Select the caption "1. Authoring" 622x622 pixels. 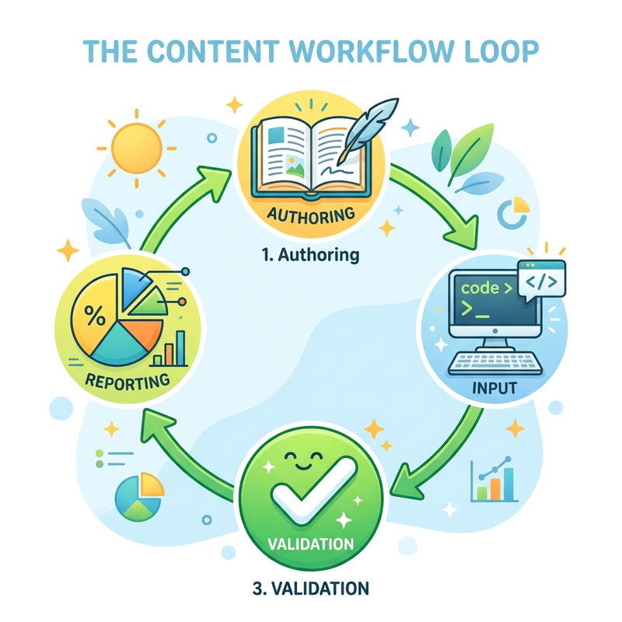click(x=310, y=254)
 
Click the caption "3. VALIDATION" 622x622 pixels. click(x=310, y=588)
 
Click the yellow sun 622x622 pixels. click(x=137, y=149)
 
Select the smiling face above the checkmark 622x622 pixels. click(x=304, y=460)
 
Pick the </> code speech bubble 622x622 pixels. click(x=542, y=281)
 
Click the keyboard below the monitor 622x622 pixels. click(x=494, y=363)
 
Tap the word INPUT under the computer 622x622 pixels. click(x=494, y=387)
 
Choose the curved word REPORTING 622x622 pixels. click(x=128, y=382)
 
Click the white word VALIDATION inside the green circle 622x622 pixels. click(x=310, y=543)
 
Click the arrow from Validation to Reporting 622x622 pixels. click(x=179, y=456)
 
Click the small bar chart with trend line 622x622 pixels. click(x=494, y=480)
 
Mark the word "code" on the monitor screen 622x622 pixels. click(x=480, y=288)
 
